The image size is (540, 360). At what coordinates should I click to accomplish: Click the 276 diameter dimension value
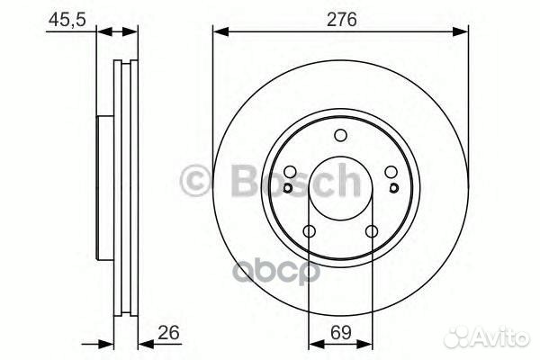(342, 19)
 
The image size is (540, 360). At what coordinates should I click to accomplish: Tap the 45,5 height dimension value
(67, 20)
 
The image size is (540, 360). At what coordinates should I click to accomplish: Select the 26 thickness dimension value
(169, 332)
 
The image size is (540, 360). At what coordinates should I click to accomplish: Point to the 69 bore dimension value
(340, 332)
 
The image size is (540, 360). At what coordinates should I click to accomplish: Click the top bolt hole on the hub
(340, 135)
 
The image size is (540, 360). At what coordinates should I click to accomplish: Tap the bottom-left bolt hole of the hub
(310, 231)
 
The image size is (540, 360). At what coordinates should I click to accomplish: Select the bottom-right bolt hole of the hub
(372, 231)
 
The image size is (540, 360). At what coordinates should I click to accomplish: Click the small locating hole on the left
(288, 188)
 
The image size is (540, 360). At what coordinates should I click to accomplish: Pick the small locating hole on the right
(394, 188)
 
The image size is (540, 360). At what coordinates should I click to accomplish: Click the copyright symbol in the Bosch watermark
(195, 181)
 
